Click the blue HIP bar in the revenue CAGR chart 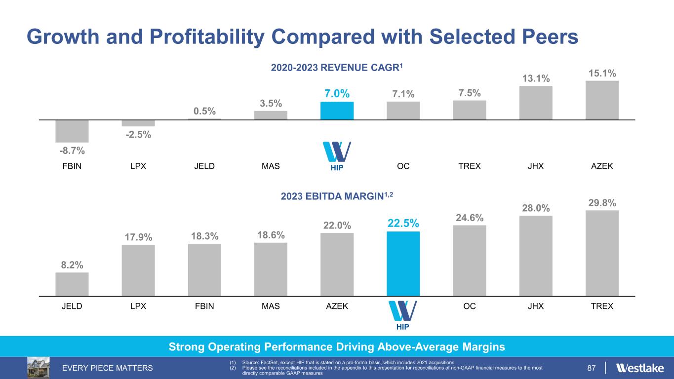337,111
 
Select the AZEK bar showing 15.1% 601,100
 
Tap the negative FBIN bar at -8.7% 72,131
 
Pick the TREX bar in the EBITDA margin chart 601,253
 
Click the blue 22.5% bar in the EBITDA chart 403,264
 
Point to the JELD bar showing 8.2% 72,284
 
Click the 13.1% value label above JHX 535,78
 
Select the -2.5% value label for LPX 138,134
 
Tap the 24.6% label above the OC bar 469,218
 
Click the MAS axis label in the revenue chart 271,166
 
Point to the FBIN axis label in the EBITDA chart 204,306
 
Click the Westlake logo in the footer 640,368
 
